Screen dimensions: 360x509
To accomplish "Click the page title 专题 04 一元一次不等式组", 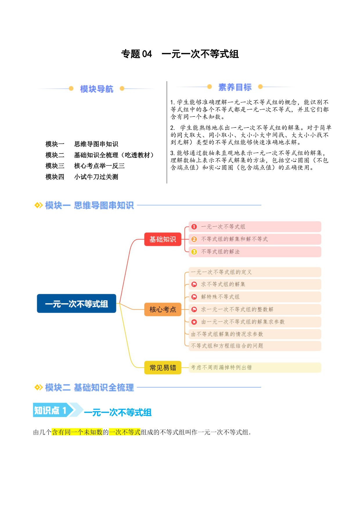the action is pos(180,54).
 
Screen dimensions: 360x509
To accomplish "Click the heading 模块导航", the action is pos(97,89).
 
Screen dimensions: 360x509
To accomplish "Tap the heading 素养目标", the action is pos(235,87).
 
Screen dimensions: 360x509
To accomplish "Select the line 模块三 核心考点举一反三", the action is pos(85,166).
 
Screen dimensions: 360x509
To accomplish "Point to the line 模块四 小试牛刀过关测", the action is pos(82,177).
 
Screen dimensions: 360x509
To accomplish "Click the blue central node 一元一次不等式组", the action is pos(77,304).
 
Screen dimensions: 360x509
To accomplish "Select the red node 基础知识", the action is pos(163,239).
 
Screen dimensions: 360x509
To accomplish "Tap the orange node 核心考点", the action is pos(163,309).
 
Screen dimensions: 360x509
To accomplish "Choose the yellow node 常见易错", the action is pos(163,368).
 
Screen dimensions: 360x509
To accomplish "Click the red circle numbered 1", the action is pos(194,227).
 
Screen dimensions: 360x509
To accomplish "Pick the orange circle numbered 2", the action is pos(194,239).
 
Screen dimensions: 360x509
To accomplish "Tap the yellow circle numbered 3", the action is pos(194,252).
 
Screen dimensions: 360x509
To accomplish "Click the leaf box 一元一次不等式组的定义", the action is pos(255,272).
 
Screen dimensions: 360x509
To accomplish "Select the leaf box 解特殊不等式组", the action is pos(255,297).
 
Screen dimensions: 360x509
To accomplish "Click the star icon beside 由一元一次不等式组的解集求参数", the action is pos(194,322).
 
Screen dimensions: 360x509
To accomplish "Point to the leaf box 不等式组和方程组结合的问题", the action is pos(255,346).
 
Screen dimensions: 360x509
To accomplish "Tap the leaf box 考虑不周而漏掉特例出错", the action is pos(255,367).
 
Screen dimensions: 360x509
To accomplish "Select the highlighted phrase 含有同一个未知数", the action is pos(77,432).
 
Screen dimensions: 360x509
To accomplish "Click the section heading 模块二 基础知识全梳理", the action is pos(90,387).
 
